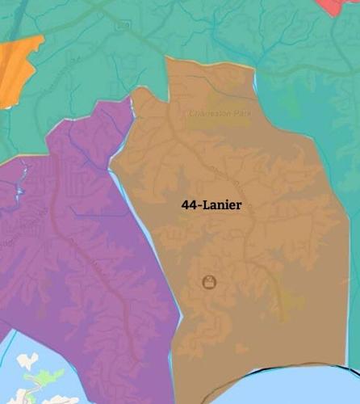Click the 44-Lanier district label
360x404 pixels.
(x=211, y=206)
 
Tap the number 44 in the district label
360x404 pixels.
(x=188, y=206)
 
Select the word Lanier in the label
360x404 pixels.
(x=222, y=206)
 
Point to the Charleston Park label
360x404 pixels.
(x=220, y=114)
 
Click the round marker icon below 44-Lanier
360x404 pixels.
(x=209, y=282)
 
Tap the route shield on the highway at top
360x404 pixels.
(x=123, y=25)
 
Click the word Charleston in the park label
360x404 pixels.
(x=208, y=114)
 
